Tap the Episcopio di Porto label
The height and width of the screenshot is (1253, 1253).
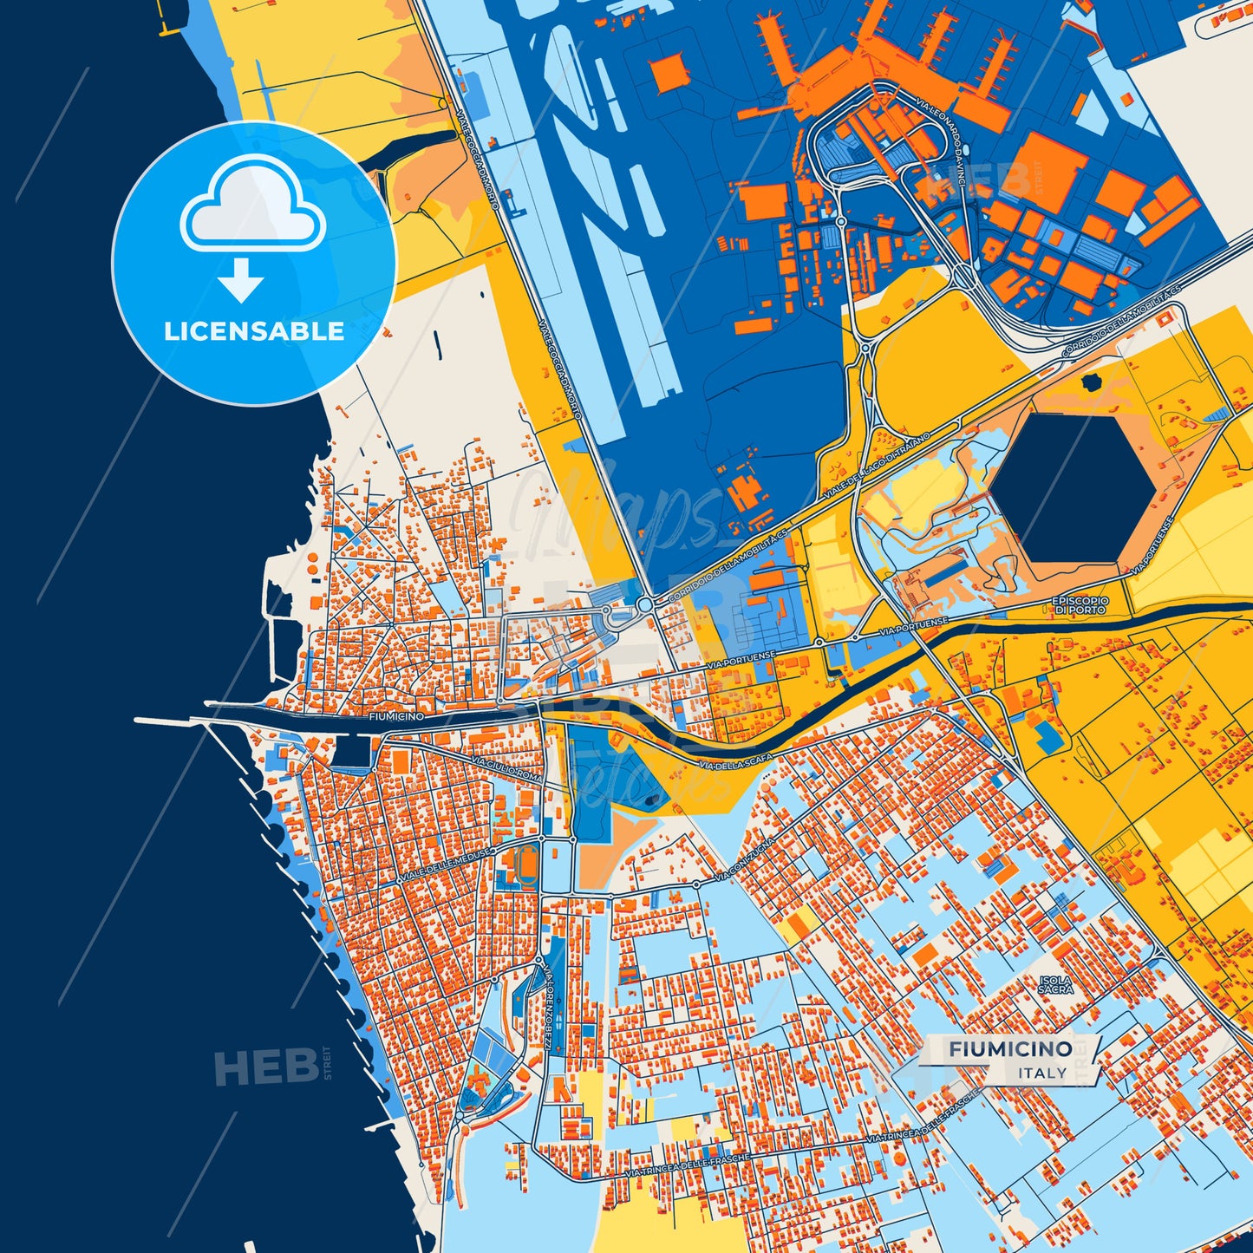1080,605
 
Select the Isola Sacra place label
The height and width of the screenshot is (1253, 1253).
1055,984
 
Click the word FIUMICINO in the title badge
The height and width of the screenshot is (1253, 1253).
1010,1049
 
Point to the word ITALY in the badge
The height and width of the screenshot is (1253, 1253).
1042,1073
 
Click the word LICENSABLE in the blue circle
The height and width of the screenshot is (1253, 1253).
254,331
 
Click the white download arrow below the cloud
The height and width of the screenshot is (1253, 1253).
241,279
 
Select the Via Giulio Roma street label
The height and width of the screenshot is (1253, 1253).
506,769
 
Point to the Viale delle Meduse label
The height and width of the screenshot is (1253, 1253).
446,866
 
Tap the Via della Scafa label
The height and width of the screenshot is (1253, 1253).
735,761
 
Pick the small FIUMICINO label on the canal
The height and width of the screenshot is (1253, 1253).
396,717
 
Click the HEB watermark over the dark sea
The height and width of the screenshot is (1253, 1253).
265,1067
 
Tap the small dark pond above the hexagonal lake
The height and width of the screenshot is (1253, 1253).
1091,382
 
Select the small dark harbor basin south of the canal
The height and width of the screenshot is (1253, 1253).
351,752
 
